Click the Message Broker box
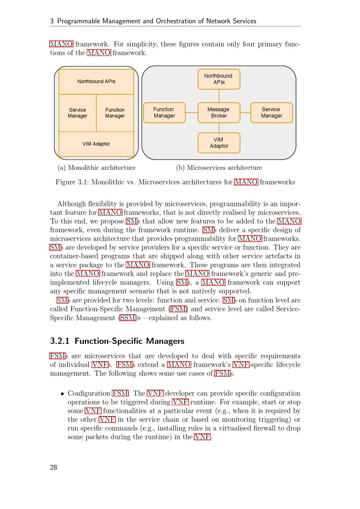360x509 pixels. pos(219,113)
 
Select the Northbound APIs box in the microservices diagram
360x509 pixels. pos(219,79)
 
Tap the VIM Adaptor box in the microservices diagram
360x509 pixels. pos(219,143)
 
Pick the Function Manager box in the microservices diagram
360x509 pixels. pos(164,113)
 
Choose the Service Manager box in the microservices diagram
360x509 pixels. pos(271,113)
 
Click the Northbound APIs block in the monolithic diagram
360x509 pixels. pos(96,82)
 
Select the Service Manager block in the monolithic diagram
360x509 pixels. pos(77,113)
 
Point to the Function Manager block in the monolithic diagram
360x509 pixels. pos(115,113)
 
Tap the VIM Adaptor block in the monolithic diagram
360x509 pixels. pos(96,144)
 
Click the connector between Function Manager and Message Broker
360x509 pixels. pos(192,113)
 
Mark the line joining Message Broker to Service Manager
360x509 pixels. pos(245,113)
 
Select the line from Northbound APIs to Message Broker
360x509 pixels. pos(219,96)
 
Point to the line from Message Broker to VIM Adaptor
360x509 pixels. pos(219,128)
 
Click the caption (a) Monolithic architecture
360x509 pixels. pos(96,168)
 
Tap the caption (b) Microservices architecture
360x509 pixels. pos(219,168)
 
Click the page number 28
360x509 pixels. pos(54,467)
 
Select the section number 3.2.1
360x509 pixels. pos(60,341)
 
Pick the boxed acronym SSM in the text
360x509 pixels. pos(128,318)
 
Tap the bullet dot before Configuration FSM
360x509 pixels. pos(63,394)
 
